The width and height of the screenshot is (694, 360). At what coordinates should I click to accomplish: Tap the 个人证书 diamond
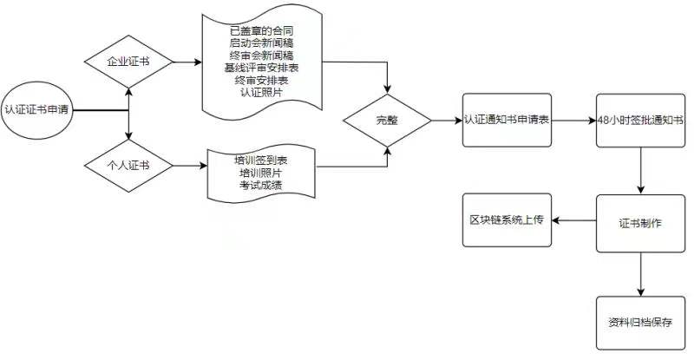[x=128, y=164]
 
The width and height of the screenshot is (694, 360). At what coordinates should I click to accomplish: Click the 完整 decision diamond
[x=387, y=121]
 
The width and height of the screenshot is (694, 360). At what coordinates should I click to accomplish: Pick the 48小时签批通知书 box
[x=641, y=121]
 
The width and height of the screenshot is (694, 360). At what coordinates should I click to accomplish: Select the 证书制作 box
[x=641, y=222]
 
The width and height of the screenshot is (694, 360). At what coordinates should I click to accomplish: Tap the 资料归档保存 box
[x=641, y=321]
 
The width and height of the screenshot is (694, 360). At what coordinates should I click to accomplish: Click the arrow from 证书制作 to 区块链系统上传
[x=574, y=221]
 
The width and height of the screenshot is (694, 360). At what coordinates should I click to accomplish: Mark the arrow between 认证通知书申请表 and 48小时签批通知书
[x=575, y=121]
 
